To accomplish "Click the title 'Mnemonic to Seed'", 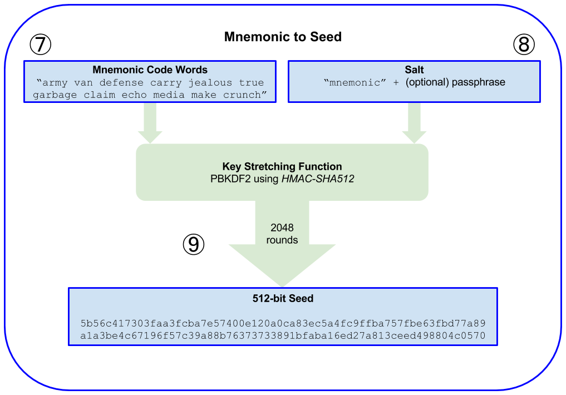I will coord(283,37).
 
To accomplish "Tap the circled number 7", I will coord(40,45).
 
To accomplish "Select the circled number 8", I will coord(523,45).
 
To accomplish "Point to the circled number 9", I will coord(194,244).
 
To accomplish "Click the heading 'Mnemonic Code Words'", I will coord(150,70).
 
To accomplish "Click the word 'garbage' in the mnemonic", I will coord(55,95).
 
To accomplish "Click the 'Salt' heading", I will coord(414,70).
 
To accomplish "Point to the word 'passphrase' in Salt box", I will coord(480,82).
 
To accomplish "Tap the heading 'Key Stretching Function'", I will coord(282,166).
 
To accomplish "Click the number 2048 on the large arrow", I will coord(282,228).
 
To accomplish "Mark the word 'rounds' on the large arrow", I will coord(282,240).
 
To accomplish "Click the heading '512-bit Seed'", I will coord(283,299).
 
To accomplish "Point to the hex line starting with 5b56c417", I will coord(283,323).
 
